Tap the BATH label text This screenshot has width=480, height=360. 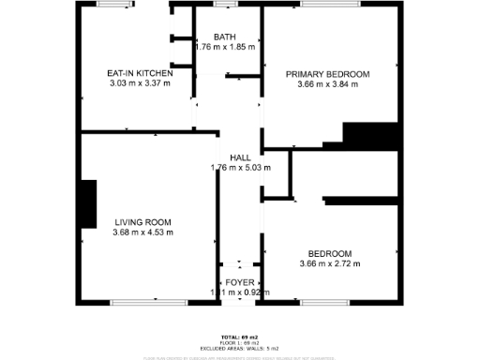pos(224,37)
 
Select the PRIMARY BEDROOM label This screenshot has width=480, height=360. pos(328,74)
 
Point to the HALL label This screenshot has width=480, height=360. pos(240,158)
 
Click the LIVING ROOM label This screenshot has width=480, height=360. pos(142,222)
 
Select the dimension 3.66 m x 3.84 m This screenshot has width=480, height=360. pos(328,84)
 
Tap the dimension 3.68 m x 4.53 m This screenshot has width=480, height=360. pos(142,232)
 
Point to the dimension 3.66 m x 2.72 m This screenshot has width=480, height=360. pos(329,264)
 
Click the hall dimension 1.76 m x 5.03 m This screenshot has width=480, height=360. pos(240,169)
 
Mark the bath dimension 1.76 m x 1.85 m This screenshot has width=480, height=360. pos(224,47)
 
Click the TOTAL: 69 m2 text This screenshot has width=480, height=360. pos(240,337)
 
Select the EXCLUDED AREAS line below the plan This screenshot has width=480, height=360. pos(240,348)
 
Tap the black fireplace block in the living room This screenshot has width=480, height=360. pos(89,204)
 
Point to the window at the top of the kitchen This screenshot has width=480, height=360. pos(114,5)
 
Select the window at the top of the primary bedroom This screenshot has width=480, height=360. pos(328,5)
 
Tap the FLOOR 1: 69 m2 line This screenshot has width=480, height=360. pos(240,342)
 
